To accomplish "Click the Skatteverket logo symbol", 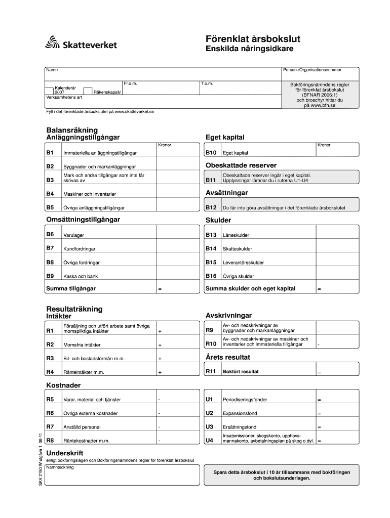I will (52, 42).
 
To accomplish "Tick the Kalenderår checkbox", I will (50, 91).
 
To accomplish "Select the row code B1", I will (50, 152).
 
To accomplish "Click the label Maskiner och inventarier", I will (90, 194).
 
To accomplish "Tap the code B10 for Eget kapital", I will (211, 152).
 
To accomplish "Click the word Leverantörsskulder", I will (243, 263).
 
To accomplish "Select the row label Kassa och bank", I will (81, 276).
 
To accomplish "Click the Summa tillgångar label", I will (71, 289).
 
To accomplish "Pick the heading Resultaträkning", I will (74, 309).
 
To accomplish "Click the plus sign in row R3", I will (160, 358).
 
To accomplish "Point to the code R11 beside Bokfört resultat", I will (211, 372).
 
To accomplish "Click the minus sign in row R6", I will (159, 413).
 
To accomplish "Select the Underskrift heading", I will (65, 453).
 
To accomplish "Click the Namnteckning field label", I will (59, 467).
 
